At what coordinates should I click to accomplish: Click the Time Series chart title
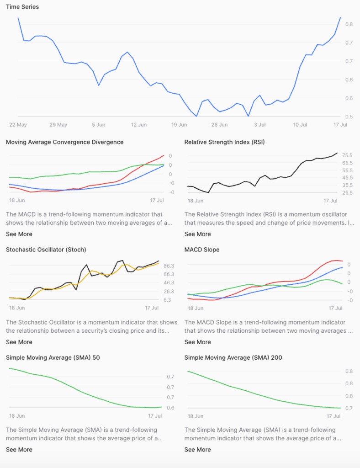pos(22,7)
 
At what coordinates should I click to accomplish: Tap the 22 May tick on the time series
pos(18,125)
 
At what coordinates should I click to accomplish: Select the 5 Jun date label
pos(99,125)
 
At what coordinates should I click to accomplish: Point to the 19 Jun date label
pos(179,125)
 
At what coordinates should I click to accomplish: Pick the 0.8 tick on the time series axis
pos(349,24)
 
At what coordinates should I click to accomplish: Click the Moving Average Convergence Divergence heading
pos(64,142)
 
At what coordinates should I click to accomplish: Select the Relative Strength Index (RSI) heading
pos(224,142)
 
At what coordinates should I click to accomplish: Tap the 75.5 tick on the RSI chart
pos(347,155)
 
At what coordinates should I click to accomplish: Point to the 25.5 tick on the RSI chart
pos(347,192)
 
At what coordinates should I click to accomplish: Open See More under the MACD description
pos(19,234)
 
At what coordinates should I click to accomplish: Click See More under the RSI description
pos(197,234)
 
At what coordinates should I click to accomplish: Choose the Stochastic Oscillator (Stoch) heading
pos(46,250)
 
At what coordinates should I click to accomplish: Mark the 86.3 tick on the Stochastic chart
pos(169,266)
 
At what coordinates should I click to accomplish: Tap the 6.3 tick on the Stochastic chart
pos(167,300)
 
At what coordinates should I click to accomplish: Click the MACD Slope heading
pos(202,250)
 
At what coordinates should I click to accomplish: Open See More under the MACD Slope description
pos(197,342)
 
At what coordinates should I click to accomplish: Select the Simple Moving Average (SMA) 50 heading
pos(53,357)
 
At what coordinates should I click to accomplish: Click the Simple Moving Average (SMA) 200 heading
pos(233,357)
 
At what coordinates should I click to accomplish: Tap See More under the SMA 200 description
pos(197,450)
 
